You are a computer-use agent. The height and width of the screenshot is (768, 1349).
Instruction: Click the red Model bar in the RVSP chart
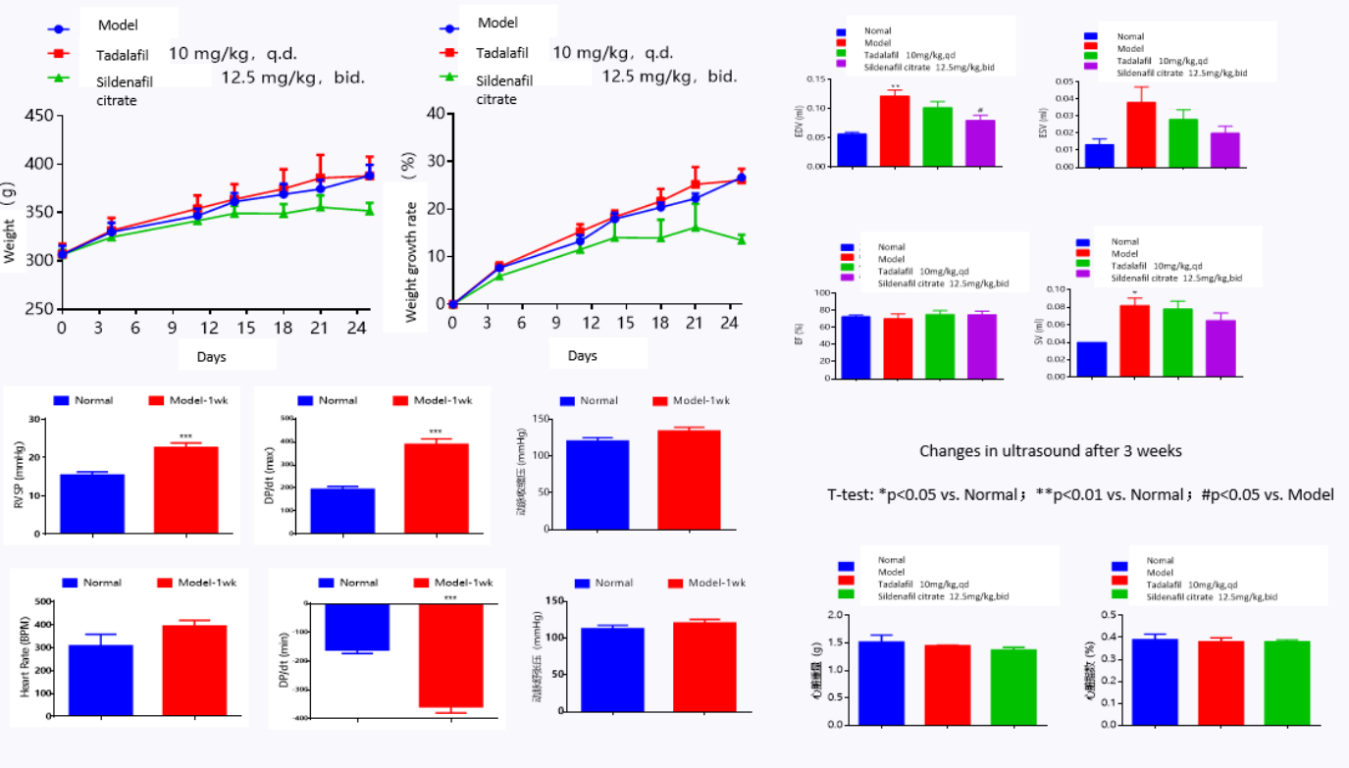(x=185, y=489)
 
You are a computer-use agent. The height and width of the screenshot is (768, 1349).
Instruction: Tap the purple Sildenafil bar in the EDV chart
(x=979, y=143)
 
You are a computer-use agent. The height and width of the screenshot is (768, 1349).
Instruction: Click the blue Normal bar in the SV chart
(x=1091, y=359)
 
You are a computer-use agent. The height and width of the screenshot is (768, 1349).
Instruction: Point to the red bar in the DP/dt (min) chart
(x=450, y=655)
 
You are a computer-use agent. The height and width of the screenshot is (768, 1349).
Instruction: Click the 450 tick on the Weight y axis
(x=40, y=116)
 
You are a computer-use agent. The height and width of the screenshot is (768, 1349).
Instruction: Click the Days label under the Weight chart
(x=211, y=356)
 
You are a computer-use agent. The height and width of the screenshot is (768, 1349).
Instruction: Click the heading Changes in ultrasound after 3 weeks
(x=1050, y=451)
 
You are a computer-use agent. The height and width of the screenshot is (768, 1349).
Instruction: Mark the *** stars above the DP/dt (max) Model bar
(x=435, y=433)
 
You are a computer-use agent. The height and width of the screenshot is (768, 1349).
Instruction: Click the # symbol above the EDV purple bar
(x=979, y=111)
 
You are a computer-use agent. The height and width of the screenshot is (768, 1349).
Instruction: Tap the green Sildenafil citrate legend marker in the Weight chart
(x=61, y=78)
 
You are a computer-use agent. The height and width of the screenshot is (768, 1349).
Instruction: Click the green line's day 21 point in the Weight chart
(x=319, y=206)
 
